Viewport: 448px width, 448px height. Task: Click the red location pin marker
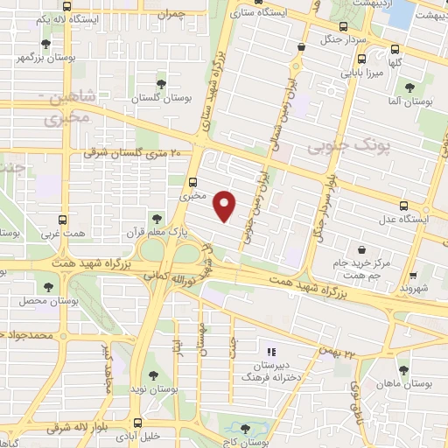225,206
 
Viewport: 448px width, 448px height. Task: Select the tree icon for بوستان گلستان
161,84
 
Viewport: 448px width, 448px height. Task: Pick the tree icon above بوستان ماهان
404,369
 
